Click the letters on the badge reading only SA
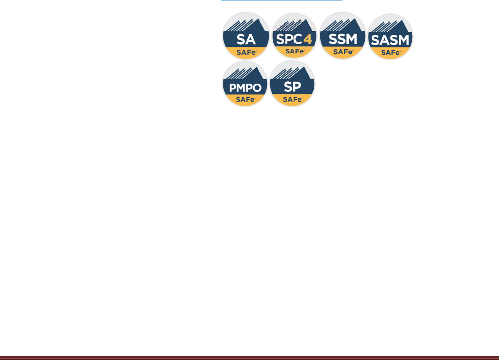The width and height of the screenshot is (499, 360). [x=245, y=39]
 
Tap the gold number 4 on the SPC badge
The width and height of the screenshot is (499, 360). [x=307, y=39]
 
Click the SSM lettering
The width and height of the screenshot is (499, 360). [x=343, y=39]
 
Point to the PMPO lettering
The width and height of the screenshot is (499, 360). [x=245, y=87]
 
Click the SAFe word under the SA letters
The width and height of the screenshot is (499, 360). [x=245, y=52]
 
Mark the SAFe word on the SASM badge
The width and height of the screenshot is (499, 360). [x=391, y=52]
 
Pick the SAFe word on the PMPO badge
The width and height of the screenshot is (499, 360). [x=245, y=99]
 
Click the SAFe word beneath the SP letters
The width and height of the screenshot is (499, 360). [x=292, y=99]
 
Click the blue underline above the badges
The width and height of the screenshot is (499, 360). [x=282, y=0]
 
